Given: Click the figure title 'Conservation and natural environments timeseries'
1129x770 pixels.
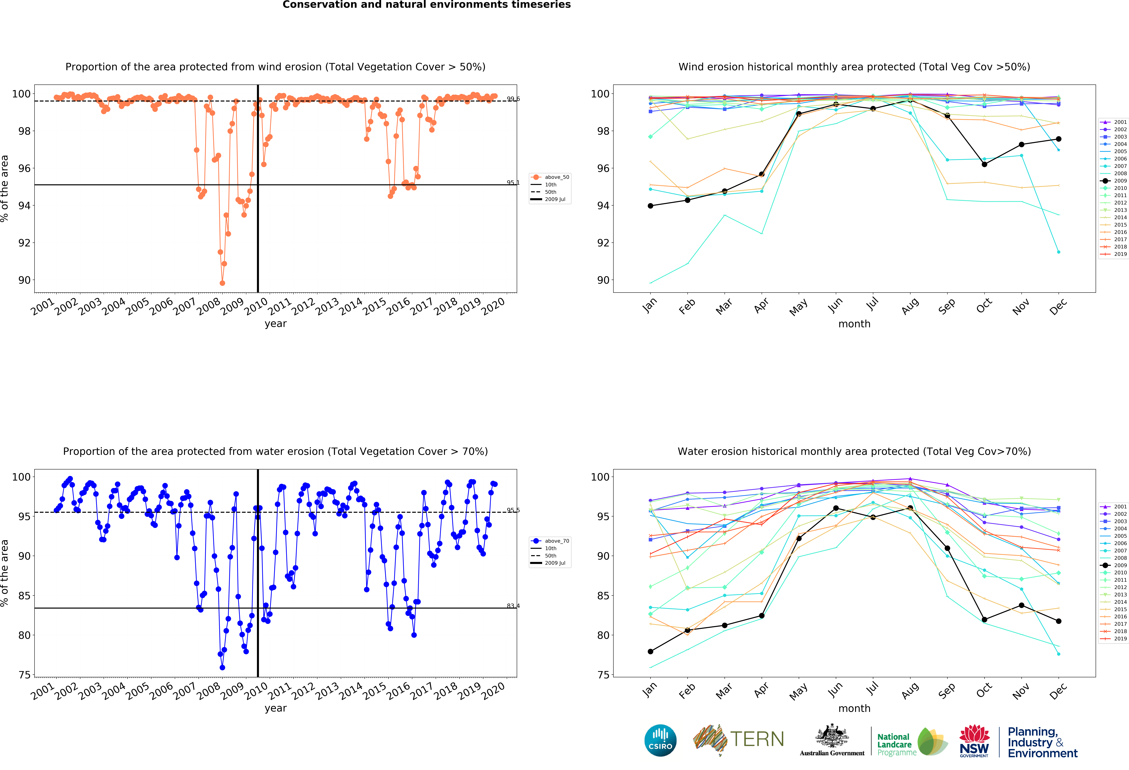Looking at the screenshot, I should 427,5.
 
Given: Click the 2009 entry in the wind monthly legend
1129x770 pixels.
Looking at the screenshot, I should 1116,181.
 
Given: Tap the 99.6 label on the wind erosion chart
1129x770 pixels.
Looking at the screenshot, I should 513,99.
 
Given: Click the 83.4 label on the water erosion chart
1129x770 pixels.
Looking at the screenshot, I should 513,606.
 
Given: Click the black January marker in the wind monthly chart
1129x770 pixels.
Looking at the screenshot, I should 650,206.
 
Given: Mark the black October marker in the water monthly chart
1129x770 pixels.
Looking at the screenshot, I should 984,620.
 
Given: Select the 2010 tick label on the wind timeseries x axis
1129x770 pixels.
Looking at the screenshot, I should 255,306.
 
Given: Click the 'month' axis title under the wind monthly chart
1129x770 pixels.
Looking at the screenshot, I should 854,324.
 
